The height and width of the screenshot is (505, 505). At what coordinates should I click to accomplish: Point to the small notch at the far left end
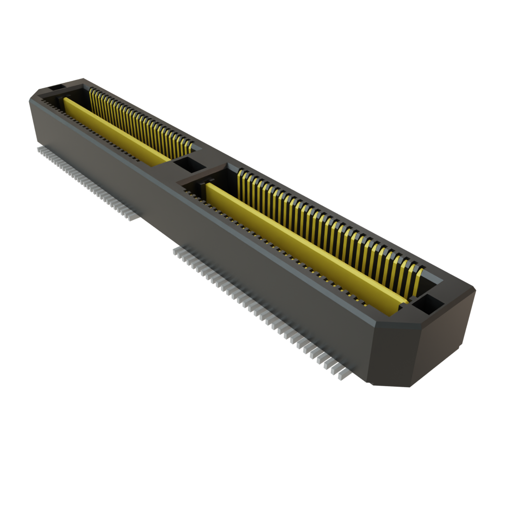click(55, 87)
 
